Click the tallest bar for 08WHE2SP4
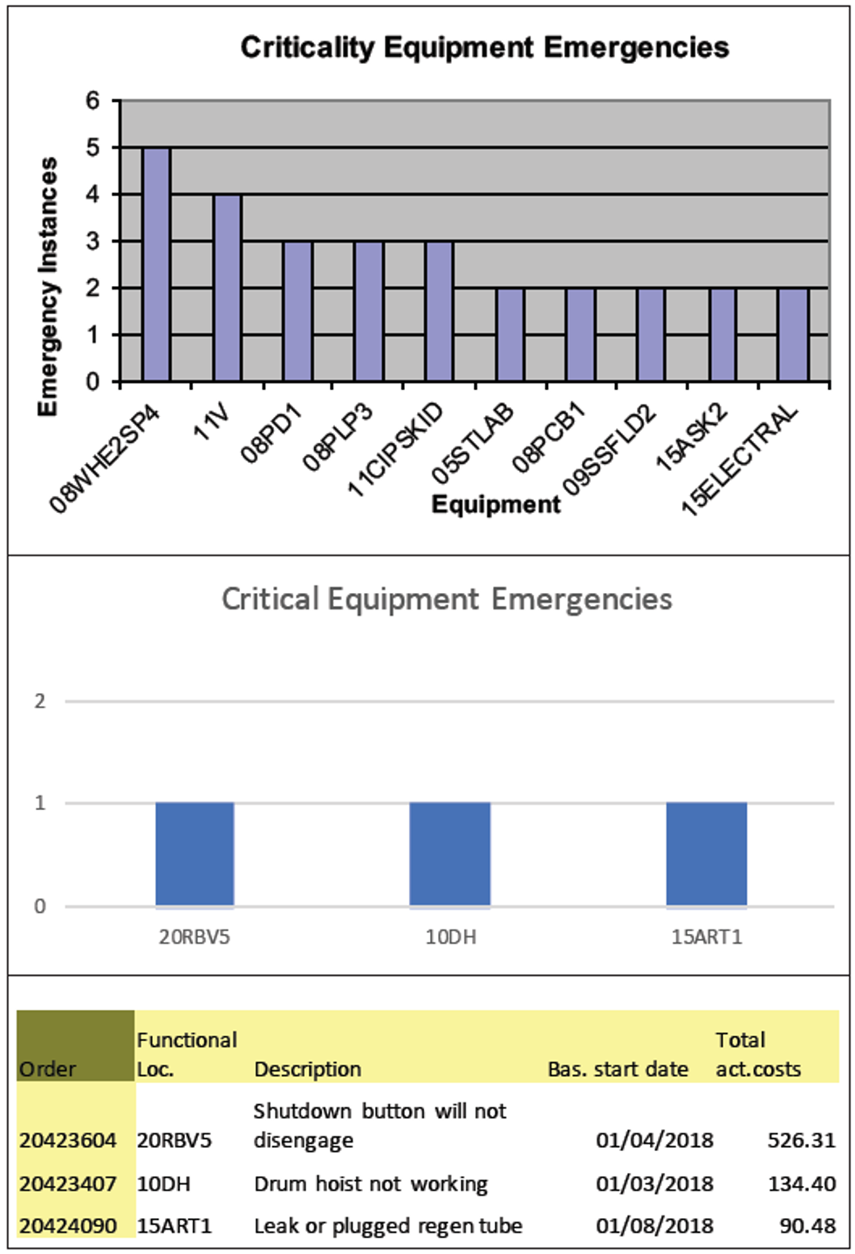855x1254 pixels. [x=156, y=264]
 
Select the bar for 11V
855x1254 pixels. [x=227, y=288]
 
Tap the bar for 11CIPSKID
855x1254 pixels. [x=439, y=311]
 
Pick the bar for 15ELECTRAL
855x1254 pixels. [x=793, y=335]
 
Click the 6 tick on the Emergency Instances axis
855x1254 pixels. [x=92, y=101]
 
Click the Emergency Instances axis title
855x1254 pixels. [x=48, y=286]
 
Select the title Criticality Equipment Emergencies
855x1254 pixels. [x=484, y=47]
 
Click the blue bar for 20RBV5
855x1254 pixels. [x=195, y=854]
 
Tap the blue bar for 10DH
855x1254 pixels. [x=450, y=854]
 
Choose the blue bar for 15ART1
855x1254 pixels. [x=707, y=854]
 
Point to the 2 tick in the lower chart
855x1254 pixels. [x=39, y=701]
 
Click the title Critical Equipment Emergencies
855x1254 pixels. [x=447, y=599]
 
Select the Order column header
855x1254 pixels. [x=48, y=1069]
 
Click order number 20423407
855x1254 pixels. [x=68, y=1183]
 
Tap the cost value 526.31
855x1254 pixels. [x=801, y=1140]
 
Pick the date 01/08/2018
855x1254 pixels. [x=654, y=1225]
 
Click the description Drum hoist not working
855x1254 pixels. [x=371, y=1183]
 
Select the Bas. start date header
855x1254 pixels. [x=618, y=1069]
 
